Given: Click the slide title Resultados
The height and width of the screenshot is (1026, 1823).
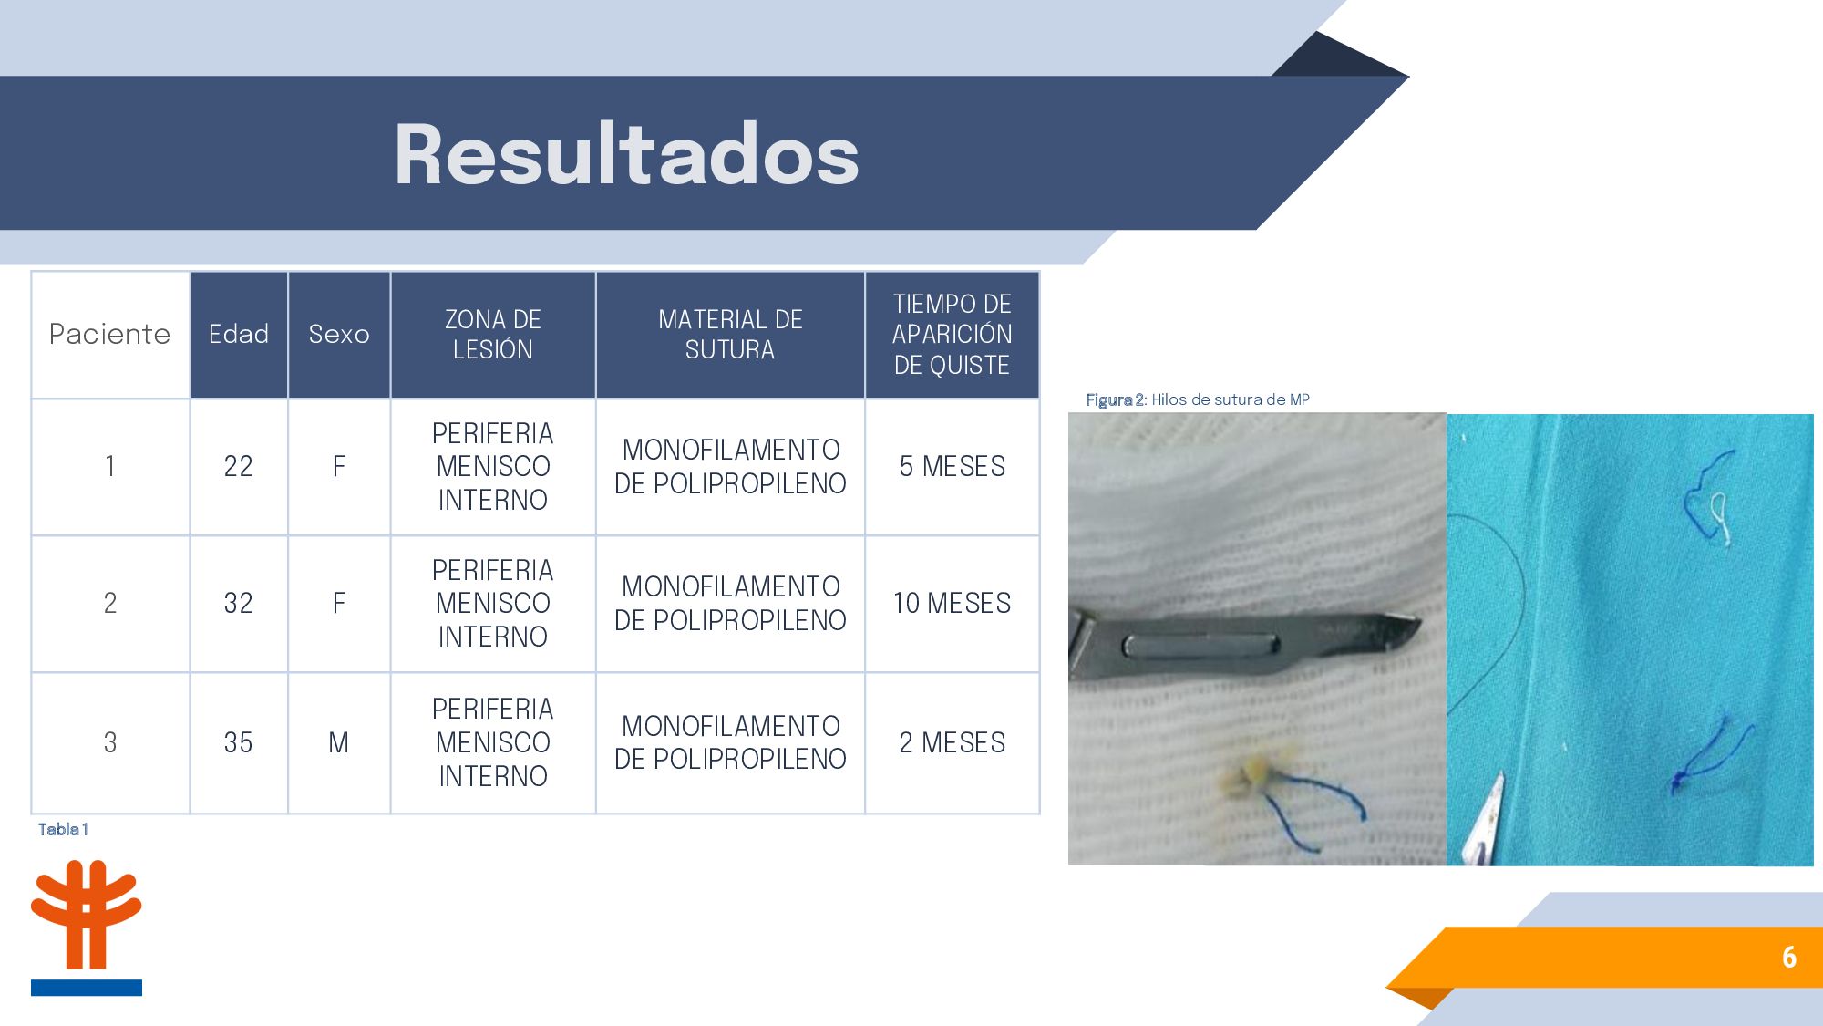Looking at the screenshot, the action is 627,154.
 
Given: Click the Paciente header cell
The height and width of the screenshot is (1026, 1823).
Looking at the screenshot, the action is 110,334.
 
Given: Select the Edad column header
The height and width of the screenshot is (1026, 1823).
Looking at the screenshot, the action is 239,334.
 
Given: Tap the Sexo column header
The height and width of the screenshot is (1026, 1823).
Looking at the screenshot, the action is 339,334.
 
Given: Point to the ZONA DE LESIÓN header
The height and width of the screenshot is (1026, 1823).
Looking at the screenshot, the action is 493,334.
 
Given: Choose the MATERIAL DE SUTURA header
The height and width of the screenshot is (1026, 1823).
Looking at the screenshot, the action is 730,334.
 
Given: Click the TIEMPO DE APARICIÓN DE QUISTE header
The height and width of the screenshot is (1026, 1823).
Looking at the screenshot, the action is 953,334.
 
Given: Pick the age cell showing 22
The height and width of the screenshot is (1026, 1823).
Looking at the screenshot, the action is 239,466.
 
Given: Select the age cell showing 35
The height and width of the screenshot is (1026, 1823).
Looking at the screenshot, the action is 239,742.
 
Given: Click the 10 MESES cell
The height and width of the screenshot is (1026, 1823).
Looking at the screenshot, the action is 953,603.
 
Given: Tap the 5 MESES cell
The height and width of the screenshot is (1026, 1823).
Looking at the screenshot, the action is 953,466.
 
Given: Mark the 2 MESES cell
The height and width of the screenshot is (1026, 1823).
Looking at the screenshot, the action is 953,742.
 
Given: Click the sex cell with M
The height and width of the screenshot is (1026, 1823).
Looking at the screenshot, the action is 339,742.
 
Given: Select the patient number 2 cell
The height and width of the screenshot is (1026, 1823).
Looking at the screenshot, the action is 110,603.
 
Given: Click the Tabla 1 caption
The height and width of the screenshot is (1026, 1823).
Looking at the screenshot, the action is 63,829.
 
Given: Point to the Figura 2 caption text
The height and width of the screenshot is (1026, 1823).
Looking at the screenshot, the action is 1198,399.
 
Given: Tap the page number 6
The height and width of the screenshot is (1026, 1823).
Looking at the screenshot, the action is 1789,957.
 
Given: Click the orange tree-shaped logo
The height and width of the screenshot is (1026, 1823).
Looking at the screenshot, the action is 87,915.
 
